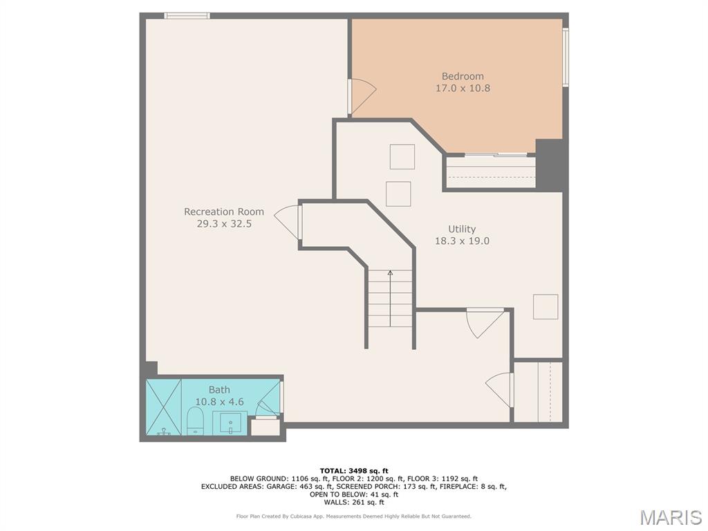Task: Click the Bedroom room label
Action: tap(463, 76)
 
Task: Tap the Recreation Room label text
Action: tap(224, 212)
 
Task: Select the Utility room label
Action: tap(461, 229)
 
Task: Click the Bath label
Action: tap(219, 389)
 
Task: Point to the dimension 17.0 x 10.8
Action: tap(463, 88)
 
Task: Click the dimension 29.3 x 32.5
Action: tap(224, 223)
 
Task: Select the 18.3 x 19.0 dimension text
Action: tap(462, 241)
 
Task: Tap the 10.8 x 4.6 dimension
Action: tap(219, 402)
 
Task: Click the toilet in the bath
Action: tap(196, 421)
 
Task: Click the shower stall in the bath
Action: tap(163, 407)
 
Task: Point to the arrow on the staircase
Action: tap(390, 298)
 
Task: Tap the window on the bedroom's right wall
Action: tap(566, 57)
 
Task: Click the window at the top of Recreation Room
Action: tap(187, 16)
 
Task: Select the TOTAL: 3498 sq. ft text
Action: tap(353, 471)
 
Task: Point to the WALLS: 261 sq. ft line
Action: tap(353, 502)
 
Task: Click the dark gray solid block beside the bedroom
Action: tap(549, 165)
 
